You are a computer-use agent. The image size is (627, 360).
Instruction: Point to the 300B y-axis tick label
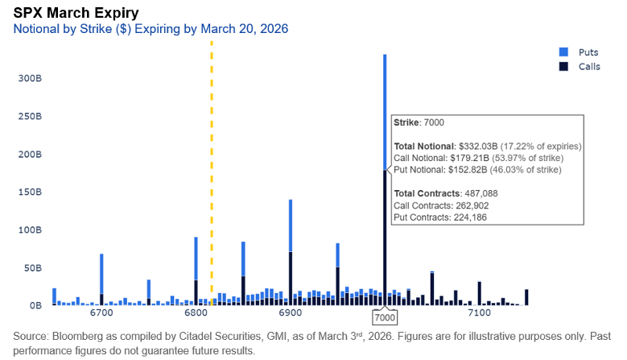coord(30,79)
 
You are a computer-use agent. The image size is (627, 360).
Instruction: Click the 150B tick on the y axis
coord(30,192)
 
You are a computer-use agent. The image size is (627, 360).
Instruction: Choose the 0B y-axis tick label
coord(35,306)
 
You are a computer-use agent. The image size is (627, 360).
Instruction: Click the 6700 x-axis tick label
coord(101,312)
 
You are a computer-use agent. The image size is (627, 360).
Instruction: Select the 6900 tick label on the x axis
coord(290,312)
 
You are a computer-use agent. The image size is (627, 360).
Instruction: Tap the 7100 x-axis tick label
coord(479,312)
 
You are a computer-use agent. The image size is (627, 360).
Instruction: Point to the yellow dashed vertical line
coord(212,161)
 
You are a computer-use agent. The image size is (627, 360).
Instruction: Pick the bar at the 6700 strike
coord(101,278)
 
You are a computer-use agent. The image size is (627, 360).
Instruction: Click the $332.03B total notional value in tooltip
coord(479,146)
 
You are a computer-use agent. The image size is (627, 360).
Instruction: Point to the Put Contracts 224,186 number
coord(461,217)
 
